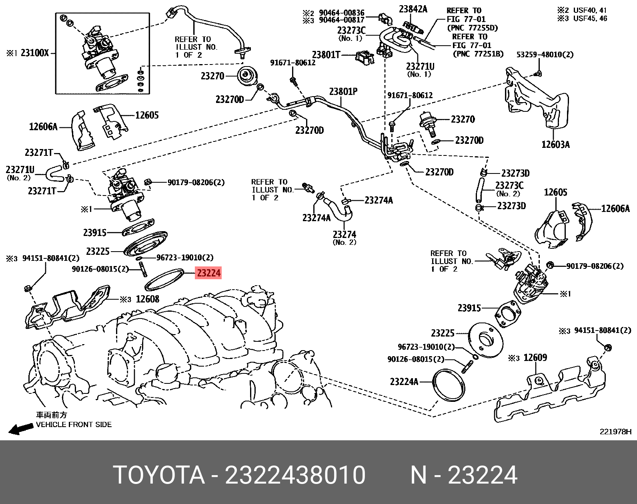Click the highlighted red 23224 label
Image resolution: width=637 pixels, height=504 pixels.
pyautogui.click(x=208, y=273)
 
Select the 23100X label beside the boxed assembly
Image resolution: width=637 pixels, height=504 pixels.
pyautogui.click(x=34, y=53)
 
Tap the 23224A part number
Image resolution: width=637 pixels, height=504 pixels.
pyautogui.click(x=404, y=381)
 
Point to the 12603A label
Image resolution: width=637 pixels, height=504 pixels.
pyautogui.click(x=555, y=145)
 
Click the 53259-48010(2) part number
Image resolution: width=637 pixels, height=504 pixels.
pyautogui.click(x=545, y=54)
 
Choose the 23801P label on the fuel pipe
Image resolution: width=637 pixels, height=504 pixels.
pyautogui.click(x=343, y=92)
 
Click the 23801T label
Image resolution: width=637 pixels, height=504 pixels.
pyautogui.click(x=326, y=54)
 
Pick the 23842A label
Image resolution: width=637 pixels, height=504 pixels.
pyautogui.click(x=413, y=9)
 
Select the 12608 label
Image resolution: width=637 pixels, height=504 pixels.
pyautogui.click(x=147, y=299)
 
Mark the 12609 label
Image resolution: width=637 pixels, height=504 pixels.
pyautogui.click(x=535, y=357)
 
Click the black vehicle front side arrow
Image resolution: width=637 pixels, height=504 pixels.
pyautogui.click(x=21, y=429)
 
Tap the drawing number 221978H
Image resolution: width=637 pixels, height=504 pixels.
pyautogui.click(x=615, y=431)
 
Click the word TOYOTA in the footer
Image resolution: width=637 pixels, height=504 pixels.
pyautogui.click(x=159, y=475)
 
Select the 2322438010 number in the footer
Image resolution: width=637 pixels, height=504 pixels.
pyautogui.click(x=295, y=475)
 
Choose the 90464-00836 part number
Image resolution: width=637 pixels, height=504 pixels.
pyautogui.click(x=341, y=13)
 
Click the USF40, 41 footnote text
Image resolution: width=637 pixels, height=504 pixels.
pyautogui.click(x=590, y=10)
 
